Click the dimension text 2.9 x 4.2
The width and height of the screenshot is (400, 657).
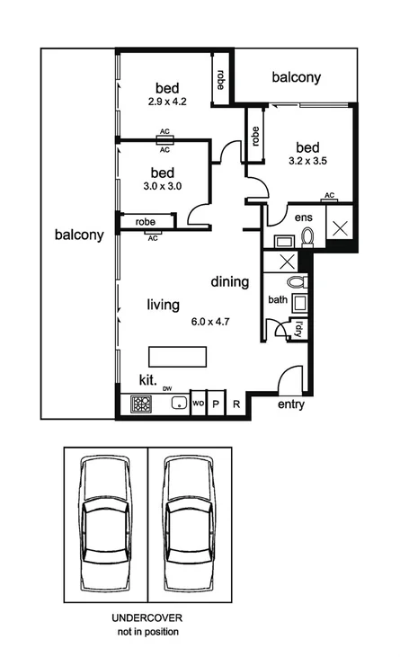[x=167, y=102]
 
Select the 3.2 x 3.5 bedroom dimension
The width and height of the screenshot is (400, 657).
[x=307, y=163]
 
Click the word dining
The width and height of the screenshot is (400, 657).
[x=230, y=282]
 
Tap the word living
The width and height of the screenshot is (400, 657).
[x=164, y=305]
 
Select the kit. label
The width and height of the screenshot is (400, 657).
[x=148, y=380]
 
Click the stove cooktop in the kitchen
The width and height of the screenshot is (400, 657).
[x=142, y=404]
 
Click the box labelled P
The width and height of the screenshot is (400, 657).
[x=216, y=404]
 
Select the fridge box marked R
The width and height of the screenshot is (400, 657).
[x=236, y=404]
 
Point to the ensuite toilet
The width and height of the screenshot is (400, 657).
[x=307, y=236]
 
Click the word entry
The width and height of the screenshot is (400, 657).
[x=290, y=404]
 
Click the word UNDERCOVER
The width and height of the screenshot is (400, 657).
[x=146, y=619]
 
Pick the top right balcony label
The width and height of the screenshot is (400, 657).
[x=296, y=78]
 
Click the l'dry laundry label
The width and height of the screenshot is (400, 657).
[x=299, y=329]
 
